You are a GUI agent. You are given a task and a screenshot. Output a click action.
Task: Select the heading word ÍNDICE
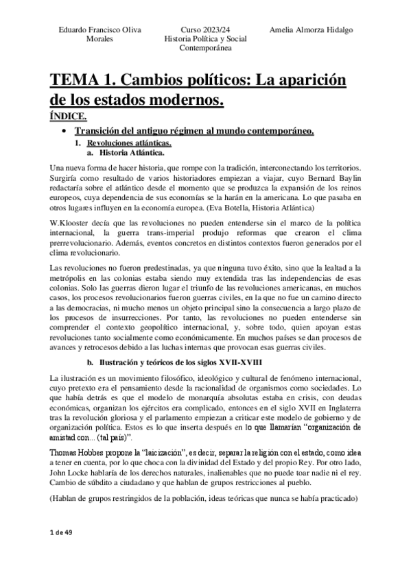click(x=69, y=117)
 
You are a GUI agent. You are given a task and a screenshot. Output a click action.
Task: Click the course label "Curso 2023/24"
click(x=206, y=30)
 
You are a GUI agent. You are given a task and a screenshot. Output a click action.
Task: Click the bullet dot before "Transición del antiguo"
click(x=64, y=132)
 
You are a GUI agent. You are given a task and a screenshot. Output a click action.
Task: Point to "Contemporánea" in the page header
click(x=206, y=48)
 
